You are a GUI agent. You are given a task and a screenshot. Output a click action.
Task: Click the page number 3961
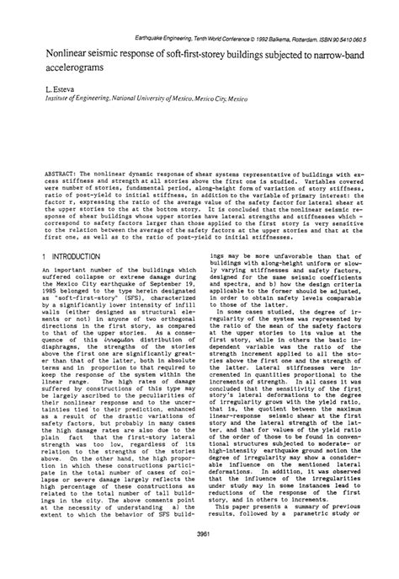[199, 560]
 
